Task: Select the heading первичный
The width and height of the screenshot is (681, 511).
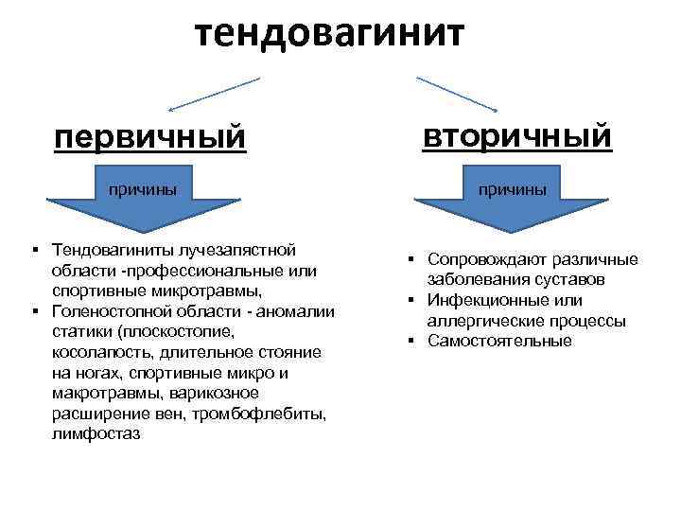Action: coord(149,137)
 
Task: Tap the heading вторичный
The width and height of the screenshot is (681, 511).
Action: coord(517,134)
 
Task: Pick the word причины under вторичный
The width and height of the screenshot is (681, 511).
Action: coord(511,188)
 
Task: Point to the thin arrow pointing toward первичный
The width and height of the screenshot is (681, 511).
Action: coord(214,96)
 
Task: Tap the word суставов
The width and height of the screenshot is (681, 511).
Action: coord(573,279)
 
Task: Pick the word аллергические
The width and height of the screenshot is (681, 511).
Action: coord(480,321)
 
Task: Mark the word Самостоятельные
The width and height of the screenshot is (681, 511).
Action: coord(499,342)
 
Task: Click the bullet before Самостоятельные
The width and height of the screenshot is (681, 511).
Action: coord(413,341)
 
